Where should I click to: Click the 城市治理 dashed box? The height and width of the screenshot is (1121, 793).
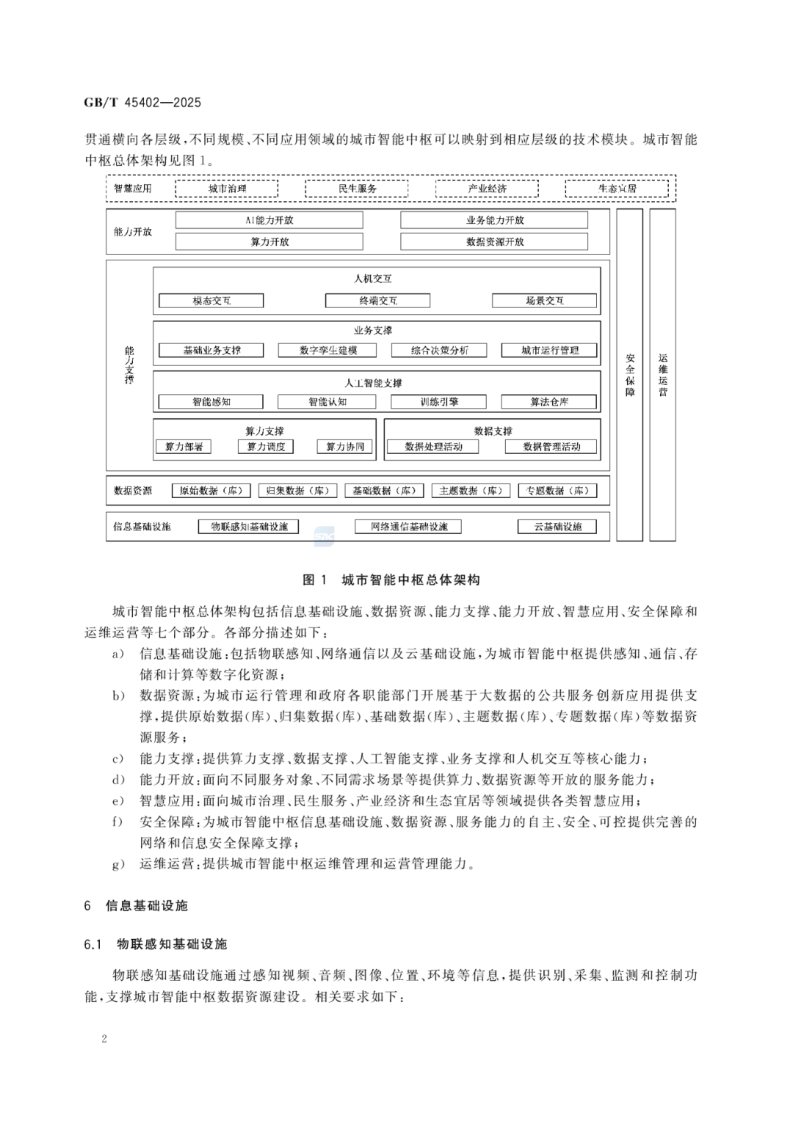(226, 189)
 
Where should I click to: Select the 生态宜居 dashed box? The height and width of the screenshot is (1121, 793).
(617, 189)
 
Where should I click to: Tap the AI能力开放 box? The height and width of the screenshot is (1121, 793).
(269, 220)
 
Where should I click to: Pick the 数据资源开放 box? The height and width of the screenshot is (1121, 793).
(494, 241)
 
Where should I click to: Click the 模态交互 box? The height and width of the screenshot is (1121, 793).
(211, 301)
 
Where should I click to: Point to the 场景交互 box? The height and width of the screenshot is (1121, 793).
(544, 301)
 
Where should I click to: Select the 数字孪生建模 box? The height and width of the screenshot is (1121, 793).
(327, 351)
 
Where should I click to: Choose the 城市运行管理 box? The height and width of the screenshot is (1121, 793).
(549, 351)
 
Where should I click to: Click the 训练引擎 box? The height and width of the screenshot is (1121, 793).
(438, 402)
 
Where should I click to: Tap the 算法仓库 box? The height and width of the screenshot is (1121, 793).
(549, 402)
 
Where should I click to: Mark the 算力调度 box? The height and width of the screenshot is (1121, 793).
(266, 447)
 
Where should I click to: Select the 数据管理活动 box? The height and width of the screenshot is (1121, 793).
(551, 447)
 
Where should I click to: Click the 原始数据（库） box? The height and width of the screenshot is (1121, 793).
(211, 491)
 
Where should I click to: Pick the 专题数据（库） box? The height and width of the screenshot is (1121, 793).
(557, 491)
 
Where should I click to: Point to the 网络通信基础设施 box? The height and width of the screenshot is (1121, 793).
(408, 527)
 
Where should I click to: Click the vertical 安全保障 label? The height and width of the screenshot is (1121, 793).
(630, 375)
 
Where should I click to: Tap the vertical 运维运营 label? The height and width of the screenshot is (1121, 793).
(663, 375)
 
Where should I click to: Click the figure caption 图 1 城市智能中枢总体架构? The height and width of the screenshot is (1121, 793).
(391, 580)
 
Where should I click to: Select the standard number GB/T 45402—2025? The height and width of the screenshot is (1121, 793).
(142, 103)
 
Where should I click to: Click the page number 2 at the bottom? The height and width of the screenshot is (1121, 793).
(104, 1038)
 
